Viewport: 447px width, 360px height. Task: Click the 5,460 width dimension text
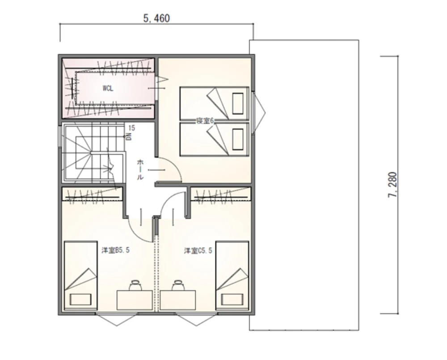coord(156,18)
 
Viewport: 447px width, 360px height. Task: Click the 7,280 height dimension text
coord(392,185)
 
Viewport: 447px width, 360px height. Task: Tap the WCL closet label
coord(108,88)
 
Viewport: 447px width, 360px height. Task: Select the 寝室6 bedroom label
coord(205,121)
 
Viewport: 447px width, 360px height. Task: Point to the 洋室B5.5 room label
coord(115,250)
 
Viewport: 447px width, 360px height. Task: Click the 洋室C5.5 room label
coord(198,251)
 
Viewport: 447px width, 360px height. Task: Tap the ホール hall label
coord(140,170)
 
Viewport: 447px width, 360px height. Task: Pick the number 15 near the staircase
coord(132,128)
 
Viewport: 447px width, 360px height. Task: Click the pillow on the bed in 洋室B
coord(80,300)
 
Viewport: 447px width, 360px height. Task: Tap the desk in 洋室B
coord(135,300)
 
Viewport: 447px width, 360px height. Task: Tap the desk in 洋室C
coord(178,300)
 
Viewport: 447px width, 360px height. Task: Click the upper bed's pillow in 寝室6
coord(238,104)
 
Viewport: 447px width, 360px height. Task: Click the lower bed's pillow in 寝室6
coord(238,139)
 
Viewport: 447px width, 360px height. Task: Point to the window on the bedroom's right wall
coord(258,112)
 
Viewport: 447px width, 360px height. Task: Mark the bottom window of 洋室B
coord(116,319)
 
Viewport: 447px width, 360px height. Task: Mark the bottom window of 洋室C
coord(196,319)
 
